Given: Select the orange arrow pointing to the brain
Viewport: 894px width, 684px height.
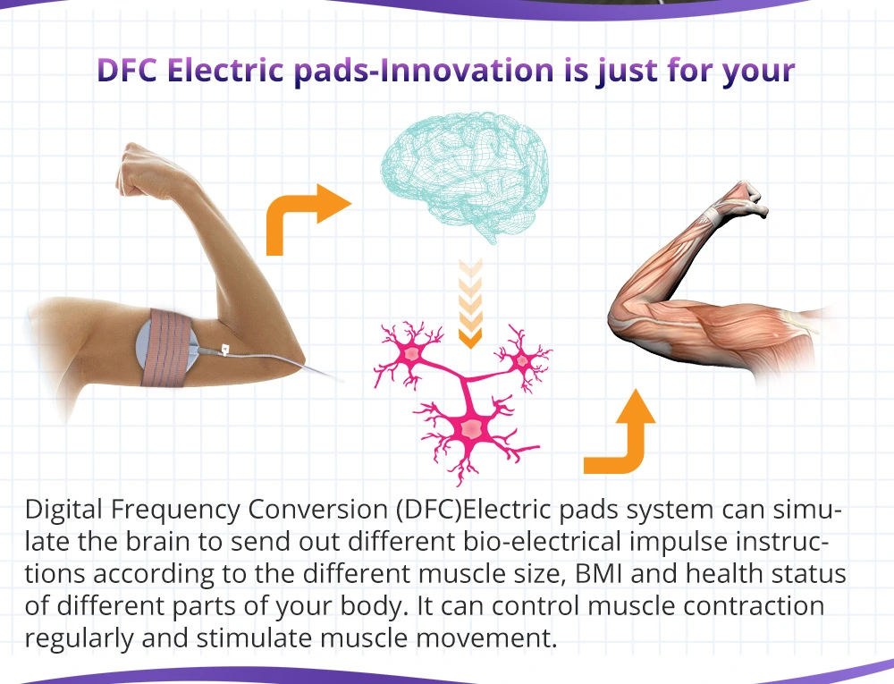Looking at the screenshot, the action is pos(307,219).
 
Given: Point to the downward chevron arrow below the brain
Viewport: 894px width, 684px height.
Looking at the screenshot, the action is pos(470,303).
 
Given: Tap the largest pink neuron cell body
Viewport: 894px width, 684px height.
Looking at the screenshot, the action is pos(471,428).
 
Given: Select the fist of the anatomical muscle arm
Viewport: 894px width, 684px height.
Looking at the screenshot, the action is pos(746,199).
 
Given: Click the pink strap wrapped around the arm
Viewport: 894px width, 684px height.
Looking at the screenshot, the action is pos(167,348).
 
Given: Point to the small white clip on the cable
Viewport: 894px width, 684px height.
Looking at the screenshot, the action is pos(225,349).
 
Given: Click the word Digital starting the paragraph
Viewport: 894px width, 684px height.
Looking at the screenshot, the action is pos(63,509).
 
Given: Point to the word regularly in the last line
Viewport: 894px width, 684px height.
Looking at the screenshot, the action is pos(79,638).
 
